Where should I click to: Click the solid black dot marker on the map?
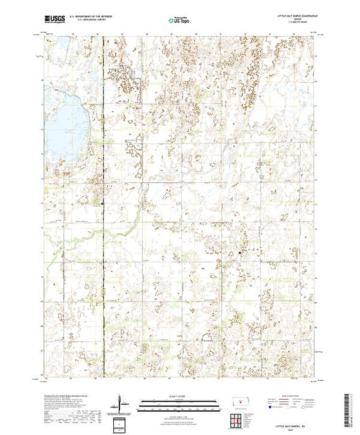point(240,253)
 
